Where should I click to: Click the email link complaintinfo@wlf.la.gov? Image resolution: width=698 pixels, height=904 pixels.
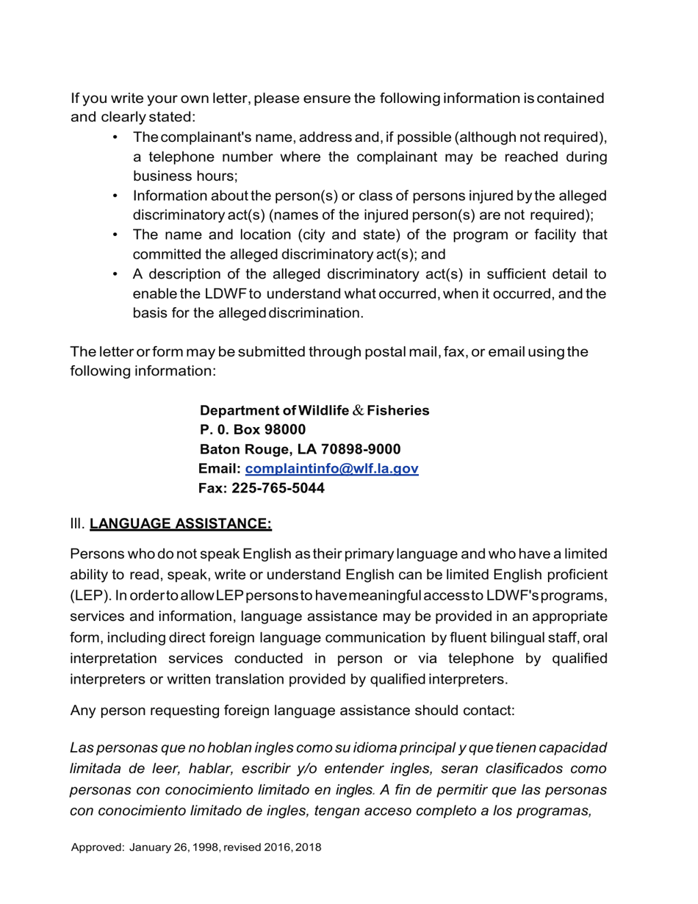[x=331, y=469]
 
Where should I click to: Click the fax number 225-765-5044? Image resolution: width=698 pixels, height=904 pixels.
[x=278, y=489]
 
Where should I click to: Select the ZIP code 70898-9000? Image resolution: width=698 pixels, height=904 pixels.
[x=361, y=449]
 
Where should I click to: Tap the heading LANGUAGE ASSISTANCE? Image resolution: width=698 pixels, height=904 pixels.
[x=181, y=524]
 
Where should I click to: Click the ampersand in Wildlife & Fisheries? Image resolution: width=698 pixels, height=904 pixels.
[x=358, y=411]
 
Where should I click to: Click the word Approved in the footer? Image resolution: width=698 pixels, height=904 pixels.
[x=97, y=847]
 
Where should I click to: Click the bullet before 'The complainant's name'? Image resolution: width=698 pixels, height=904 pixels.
[x=115, y=138]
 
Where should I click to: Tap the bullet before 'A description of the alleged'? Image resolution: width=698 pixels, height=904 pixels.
[x=115, y=274]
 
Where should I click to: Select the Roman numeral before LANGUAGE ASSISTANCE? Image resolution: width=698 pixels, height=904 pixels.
[x=77, y=524]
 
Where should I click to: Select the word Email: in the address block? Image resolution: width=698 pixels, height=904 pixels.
[x=220, y=469]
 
